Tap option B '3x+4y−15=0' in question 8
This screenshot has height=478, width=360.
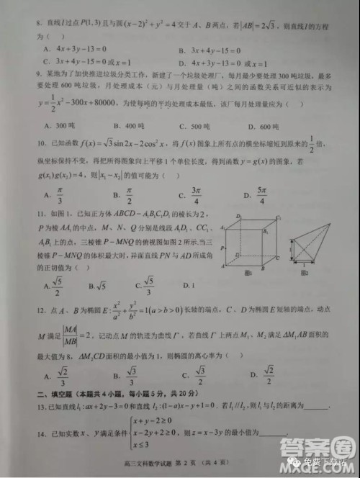(x=207, y=49)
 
